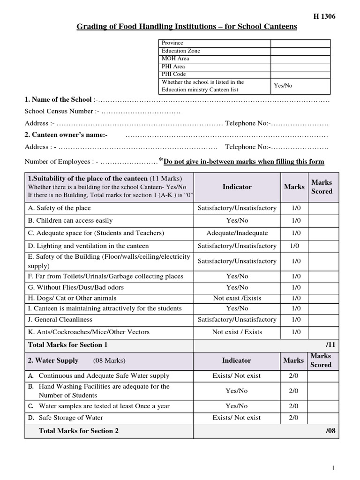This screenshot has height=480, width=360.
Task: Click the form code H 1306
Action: [324, 16]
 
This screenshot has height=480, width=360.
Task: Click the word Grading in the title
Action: [91, 27]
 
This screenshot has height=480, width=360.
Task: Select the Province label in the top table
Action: [172, 43]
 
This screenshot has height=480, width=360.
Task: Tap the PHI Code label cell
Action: [174, 74]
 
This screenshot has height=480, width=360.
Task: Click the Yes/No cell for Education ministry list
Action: [283, 85]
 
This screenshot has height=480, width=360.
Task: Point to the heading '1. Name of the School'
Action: [58, 99]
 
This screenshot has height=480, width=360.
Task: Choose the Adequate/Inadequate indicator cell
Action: [237, 233]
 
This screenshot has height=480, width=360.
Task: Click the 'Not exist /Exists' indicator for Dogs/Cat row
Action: [237, 298]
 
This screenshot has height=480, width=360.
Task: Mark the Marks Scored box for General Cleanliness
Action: [323, 320]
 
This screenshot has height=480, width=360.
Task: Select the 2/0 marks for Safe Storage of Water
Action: [294, 418]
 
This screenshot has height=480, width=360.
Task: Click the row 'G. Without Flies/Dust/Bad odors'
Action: [76, 287]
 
